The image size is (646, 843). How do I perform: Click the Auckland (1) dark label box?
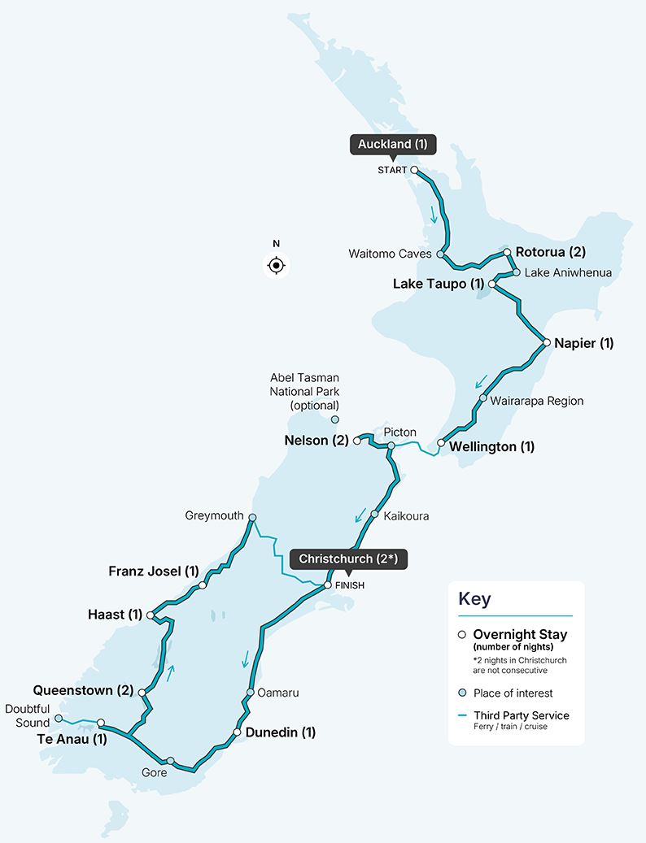coord(392,145)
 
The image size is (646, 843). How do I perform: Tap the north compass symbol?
coord(277,265)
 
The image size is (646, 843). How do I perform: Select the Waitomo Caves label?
coord(390,254)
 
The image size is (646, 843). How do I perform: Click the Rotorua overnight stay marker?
coord(508,252)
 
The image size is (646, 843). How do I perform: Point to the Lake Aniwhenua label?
coord(568,273)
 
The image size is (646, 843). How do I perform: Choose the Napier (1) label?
coord(583,343)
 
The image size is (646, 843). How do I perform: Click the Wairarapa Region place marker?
coord(483,398)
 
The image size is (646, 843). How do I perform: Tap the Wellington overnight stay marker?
coord(441,443)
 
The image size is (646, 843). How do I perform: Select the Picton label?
coord(399,432)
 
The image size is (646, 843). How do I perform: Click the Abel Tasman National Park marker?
coord(334,419)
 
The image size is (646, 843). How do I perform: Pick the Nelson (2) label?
coord(316,441)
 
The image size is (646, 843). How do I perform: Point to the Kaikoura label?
coord(406,515)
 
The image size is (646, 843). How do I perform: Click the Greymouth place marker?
coord(252,517)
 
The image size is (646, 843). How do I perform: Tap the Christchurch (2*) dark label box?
coord(348,559)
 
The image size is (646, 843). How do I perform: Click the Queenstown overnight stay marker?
coord(142,693)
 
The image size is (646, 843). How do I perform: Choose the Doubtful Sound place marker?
coord(59,718)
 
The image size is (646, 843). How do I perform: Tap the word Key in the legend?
coord(475,599)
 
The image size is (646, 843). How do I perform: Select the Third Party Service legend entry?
coord(521,715)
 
